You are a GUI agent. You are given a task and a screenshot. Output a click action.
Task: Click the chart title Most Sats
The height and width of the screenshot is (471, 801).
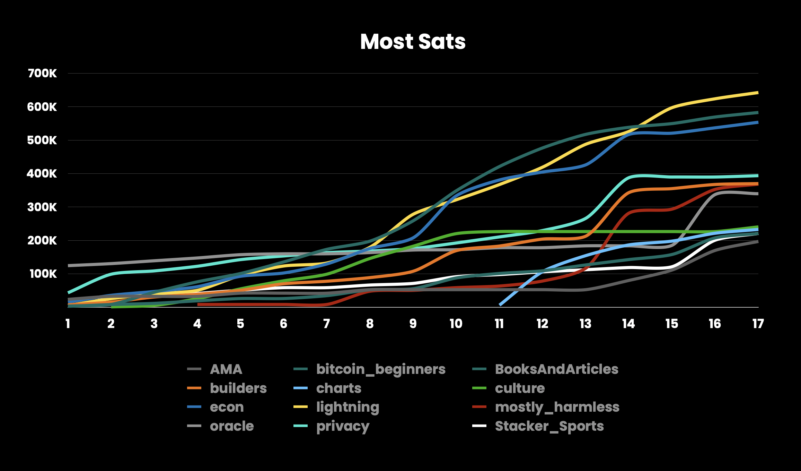click(x=413, y=42)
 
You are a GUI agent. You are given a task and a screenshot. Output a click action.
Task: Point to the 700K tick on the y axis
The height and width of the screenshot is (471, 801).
click(x=42, y=74)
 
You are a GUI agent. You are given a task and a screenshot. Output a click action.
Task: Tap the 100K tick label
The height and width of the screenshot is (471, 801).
click(x=43, y=274)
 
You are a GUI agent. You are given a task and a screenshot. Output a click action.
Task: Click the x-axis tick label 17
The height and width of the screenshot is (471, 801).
click(x=758, y=324)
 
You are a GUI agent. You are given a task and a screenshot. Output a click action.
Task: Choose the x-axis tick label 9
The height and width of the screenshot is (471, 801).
click(x=413, y=324)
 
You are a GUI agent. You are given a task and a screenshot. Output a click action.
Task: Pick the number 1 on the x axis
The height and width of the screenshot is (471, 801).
click(x=68, y=324)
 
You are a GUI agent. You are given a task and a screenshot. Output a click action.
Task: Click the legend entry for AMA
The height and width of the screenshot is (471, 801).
click(x=226, y=369)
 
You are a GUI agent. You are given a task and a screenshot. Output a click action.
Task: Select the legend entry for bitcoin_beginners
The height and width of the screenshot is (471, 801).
click(x=380, y=369)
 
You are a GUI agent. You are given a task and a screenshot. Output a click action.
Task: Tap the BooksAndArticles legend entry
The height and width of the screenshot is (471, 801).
click(x=556, y=369)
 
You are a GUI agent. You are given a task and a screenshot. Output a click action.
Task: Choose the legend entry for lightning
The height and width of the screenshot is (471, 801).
click(x=347, y=407)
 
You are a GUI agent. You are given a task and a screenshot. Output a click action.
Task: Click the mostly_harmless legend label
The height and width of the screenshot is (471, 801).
click(x=557, y=407)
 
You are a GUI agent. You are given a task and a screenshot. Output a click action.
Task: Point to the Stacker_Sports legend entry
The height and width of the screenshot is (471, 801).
click(x=549, y=426)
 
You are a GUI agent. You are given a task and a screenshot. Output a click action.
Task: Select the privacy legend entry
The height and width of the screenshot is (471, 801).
click(x=343, y=426)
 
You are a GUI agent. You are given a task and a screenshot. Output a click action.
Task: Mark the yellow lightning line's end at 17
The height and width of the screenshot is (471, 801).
click(x=757, y=93)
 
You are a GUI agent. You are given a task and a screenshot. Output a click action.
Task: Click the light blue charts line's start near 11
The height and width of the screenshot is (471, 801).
click(x=500, y=305)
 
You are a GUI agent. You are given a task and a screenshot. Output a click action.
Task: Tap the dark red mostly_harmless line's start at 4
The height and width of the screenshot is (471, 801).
click(x=198, y=305)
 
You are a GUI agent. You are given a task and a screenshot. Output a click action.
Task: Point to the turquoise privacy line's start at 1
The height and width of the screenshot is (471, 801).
click(x=69, y=293)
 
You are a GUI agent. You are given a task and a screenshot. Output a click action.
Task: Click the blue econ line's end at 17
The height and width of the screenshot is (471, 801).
click(x=757, y=122)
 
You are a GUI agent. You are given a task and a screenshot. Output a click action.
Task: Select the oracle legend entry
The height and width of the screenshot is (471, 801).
click(x=231, y=426)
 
